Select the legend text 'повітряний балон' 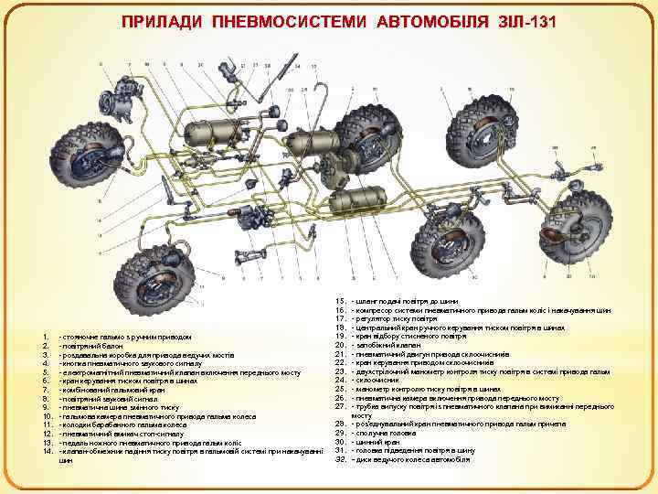click(x=87, y=346)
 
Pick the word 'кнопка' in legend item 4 click(x=73, y=363)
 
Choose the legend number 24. click(x=340, y=380)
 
